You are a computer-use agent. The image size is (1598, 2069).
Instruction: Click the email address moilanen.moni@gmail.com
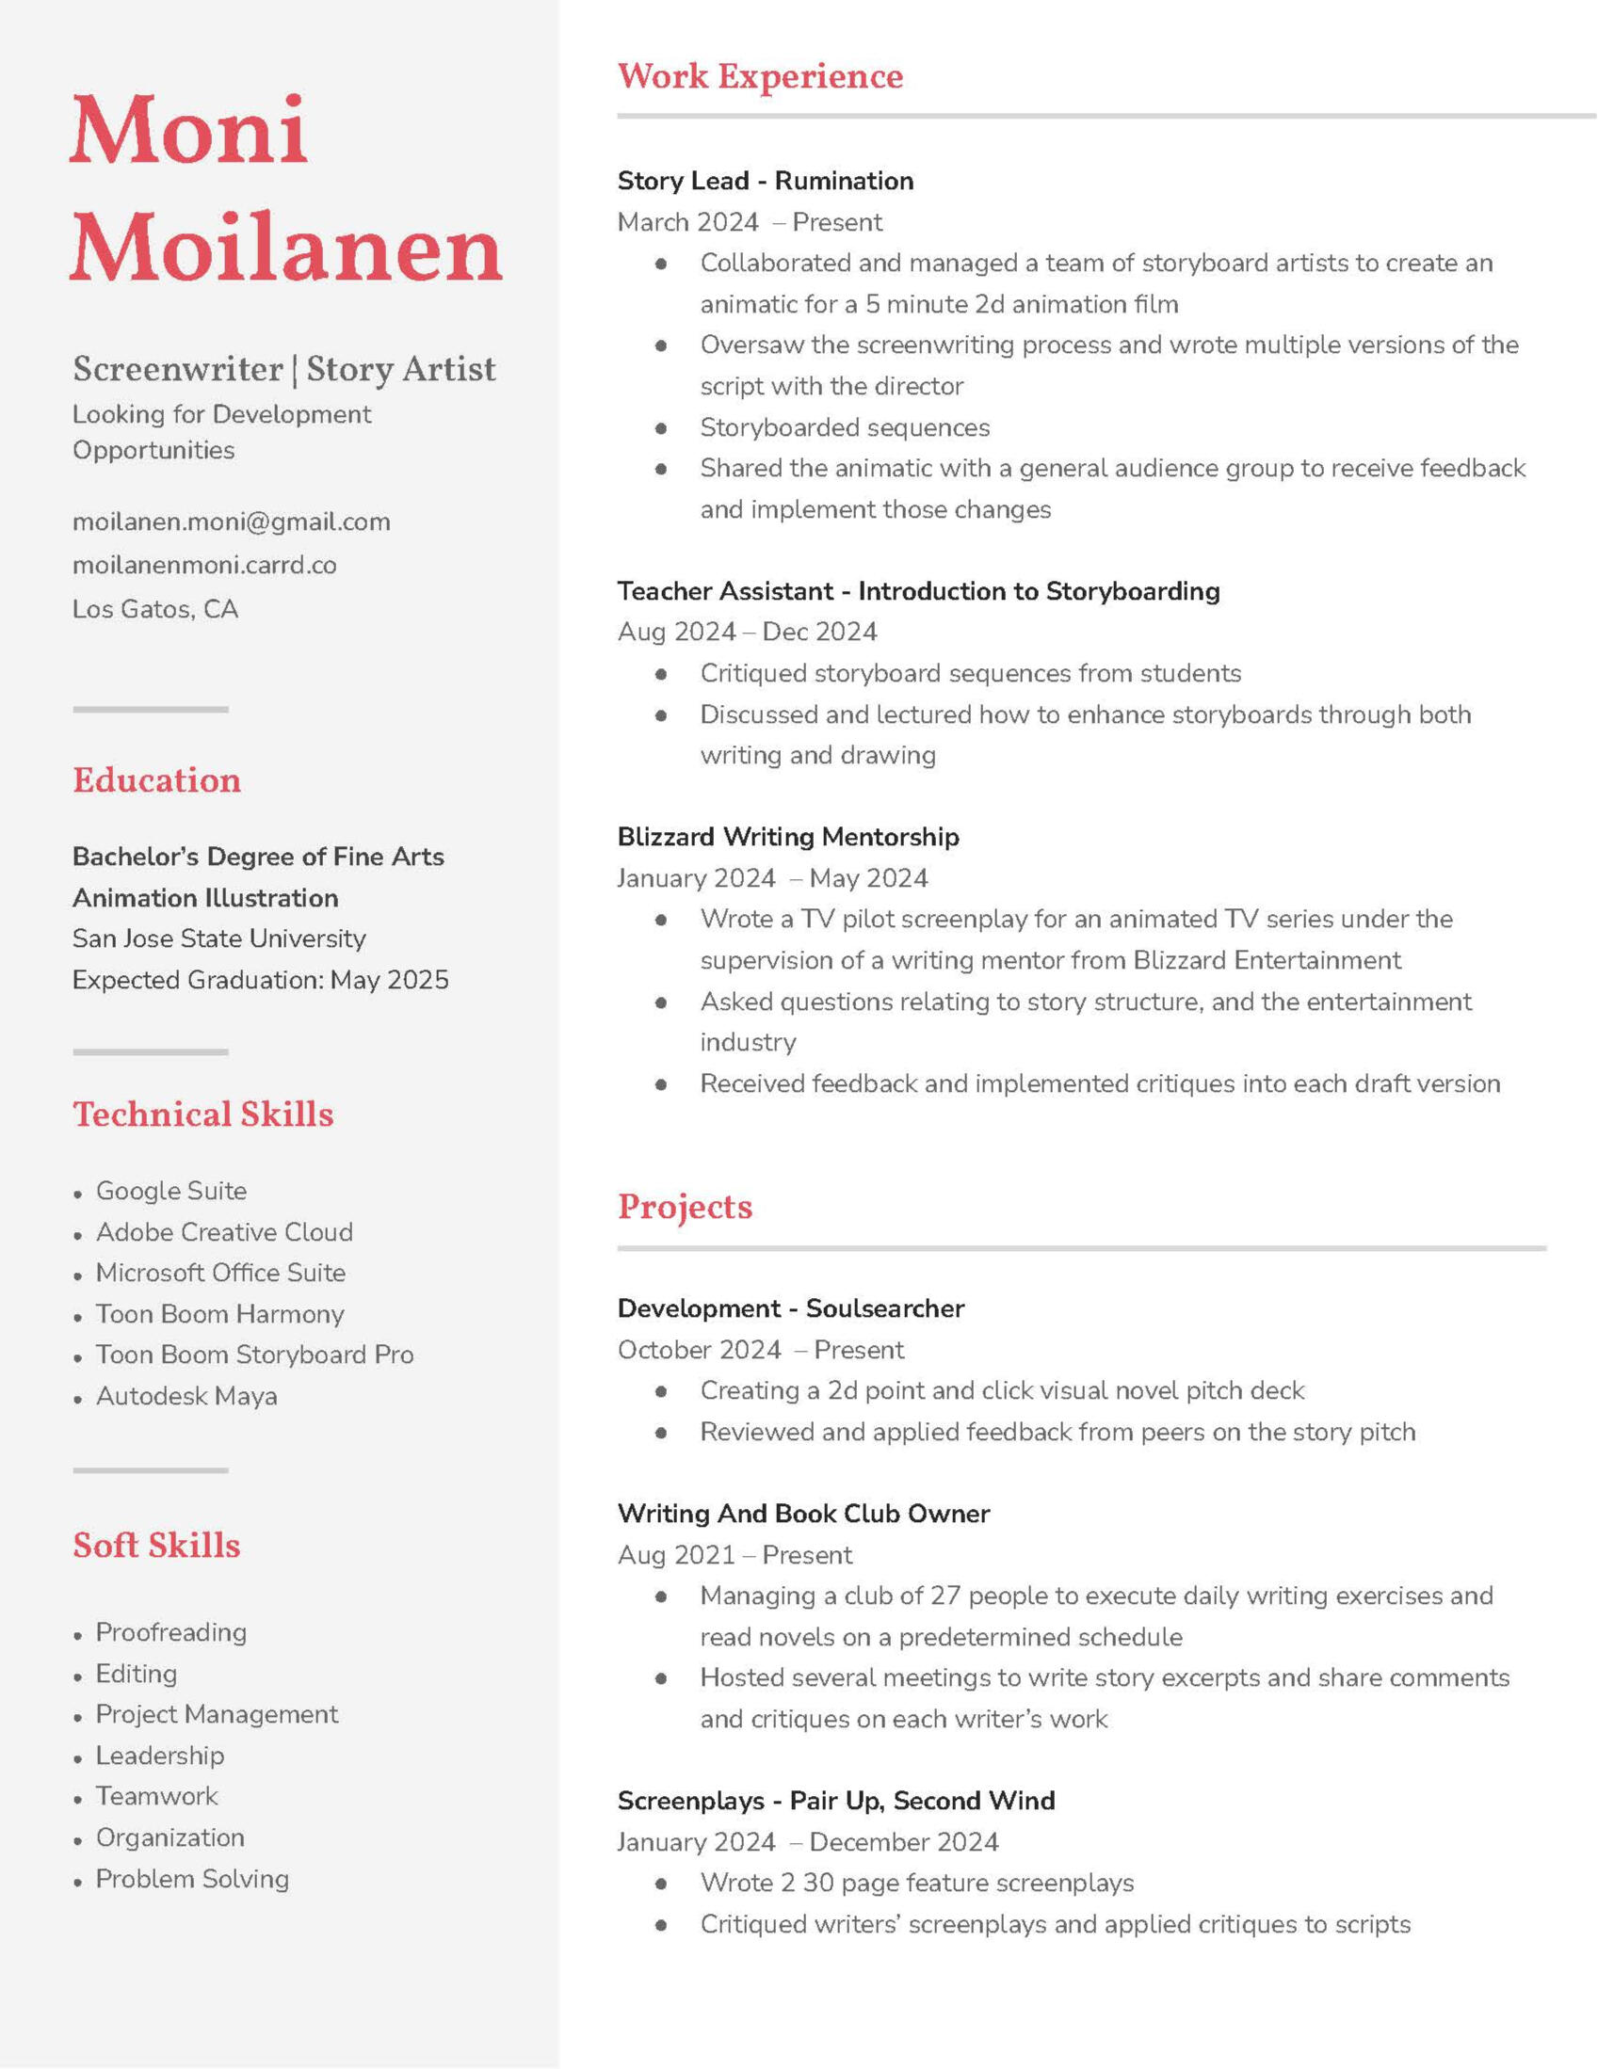pyautogui.click(x=232, y=522)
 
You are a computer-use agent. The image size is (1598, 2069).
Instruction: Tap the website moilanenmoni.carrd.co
pyautogui.click(x=203, y=566)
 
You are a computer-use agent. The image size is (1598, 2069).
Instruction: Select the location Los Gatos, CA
pyautogui.click(x=154, y=609)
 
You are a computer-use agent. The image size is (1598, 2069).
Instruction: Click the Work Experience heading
pyautogui.click(x=760, y=77)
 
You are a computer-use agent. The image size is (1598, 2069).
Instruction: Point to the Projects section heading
pyautogui.click(x=685, y=1207)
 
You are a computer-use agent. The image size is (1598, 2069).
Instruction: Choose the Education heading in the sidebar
pyautogui.click(x=156, y=780)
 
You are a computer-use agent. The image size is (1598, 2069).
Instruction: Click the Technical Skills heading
pyautogui.click(x=202, y=1115)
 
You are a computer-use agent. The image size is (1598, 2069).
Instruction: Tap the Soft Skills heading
pyautogui.click(x=156, y=1545)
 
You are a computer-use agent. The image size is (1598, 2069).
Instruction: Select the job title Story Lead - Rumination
pyautogui.click(x=765, y=181)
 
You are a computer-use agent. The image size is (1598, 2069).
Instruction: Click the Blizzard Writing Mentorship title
pyautogui.click(x=787, y=838)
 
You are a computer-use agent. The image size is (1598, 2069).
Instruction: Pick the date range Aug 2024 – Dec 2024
pyautogui.click(x=747, y=632)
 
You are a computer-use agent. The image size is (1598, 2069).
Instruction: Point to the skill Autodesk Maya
pyautogui.click(x=186, y=1396)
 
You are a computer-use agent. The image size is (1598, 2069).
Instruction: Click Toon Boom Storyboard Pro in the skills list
pyautogui.click(x=254, y=1355)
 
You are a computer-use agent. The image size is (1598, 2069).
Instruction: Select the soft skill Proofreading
pyautogui.click(x=170, y=1632)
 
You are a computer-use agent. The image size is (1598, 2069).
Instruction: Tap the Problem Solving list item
pyautogui.click(x=191, y=1879)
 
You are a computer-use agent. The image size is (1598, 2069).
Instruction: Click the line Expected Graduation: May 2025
pyautogui.click(x=260, y=980)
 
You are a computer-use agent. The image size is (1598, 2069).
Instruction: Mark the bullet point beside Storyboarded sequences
pyautogui.click(x=661, y=428)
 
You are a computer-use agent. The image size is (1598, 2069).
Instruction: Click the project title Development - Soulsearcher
pyautogui.click(x=790, y=1308)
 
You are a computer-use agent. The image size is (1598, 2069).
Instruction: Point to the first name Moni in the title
pyautogui.click(x=188, y=130)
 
